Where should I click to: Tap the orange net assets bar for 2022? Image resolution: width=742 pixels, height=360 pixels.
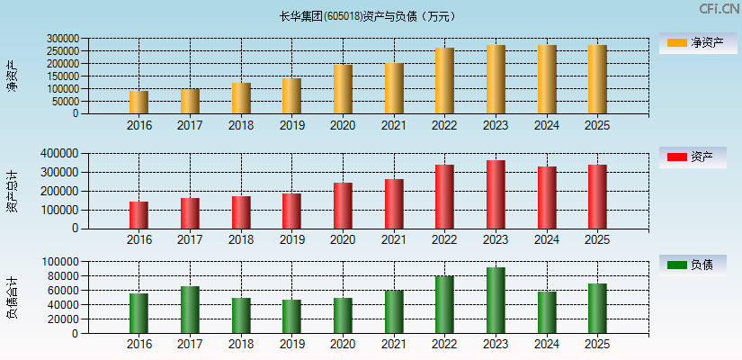[x=444, y=81]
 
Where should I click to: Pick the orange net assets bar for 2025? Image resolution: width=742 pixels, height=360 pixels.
[x=597, y=79]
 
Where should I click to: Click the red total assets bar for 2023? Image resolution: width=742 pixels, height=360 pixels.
[x=496, y=194]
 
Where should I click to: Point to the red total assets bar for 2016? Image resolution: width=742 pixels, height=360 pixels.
[x=139, y=215]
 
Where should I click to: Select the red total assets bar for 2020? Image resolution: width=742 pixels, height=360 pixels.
[x=343, y=206]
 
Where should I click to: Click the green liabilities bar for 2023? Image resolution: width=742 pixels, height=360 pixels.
[x=496, y=301]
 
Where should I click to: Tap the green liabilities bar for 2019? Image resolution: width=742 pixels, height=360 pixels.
[x=291, y=317]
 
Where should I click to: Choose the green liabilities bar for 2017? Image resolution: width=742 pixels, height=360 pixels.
[x=190, y=310]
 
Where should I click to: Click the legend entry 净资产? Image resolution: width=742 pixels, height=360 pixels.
[x=693, y=42]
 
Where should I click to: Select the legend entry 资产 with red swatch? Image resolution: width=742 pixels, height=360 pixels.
[x=693, y=157]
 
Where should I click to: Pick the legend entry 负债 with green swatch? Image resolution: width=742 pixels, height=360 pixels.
[x=693, y=265]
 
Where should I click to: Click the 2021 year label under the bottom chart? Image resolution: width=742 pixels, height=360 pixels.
[x=393, y=345]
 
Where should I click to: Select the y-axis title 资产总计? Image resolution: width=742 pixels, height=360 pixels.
[x=12, y=191]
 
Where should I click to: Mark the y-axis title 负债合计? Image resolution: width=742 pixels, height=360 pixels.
[x=12, y=298]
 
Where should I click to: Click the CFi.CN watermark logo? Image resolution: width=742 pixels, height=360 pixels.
[x=719, y=9]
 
